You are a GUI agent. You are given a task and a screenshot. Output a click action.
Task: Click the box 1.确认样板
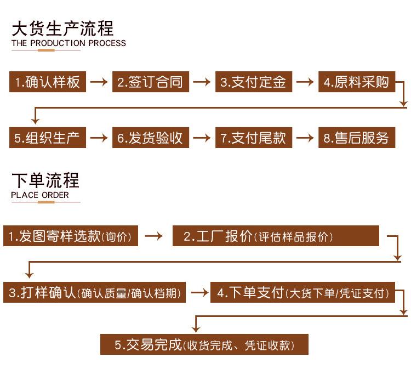[48, 82]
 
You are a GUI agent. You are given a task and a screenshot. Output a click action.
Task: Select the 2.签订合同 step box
[151, 82]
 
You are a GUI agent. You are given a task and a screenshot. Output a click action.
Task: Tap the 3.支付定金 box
[254, 82]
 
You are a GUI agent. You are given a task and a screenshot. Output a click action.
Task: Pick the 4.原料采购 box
[357, 82]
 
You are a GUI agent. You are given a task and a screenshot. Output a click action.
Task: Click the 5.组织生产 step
[48, 138]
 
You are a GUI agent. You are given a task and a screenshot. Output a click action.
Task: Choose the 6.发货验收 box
[151, 138]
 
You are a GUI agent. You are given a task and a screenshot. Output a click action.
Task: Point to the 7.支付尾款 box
[254, 138]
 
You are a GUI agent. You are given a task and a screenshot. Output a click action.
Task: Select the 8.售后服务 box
[357, 138]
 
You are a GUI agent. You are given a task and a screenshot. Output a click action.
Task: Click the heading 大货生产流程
[62, 29]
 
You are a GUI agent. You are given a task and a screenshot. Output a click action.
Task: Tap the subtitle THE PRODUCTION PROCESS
[68, 43]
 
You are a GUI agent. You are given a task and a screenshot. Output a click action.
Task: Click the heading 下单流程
[45, 180]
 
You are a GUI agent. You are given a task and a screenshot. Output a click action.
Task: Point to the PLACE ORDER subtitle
[40, 195]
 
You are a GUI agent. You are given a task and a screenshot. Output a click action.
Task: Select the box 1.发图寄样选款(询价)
[71, 236]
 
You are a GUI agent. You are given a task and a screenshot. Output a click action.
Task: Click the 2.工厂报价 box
[276, 236]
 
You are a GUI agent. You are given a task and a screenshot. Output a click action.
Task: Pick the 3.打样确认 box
[94, 292]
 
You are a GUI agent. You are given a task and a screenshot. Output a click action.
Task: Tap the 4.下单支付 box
[302, 292]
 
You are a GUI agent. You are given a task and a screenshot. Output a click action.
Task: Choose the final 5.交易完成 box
[204, 344]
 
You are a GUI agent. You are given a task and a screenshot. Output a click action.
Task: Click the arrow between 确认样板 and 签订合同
[99, 82]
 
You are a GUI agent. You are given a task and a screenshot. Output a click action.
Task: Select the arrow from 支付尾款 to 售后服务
[305, 138]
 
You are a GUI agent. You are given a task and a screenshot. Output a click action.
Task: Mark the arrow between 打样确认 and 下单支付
[199, 293]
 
